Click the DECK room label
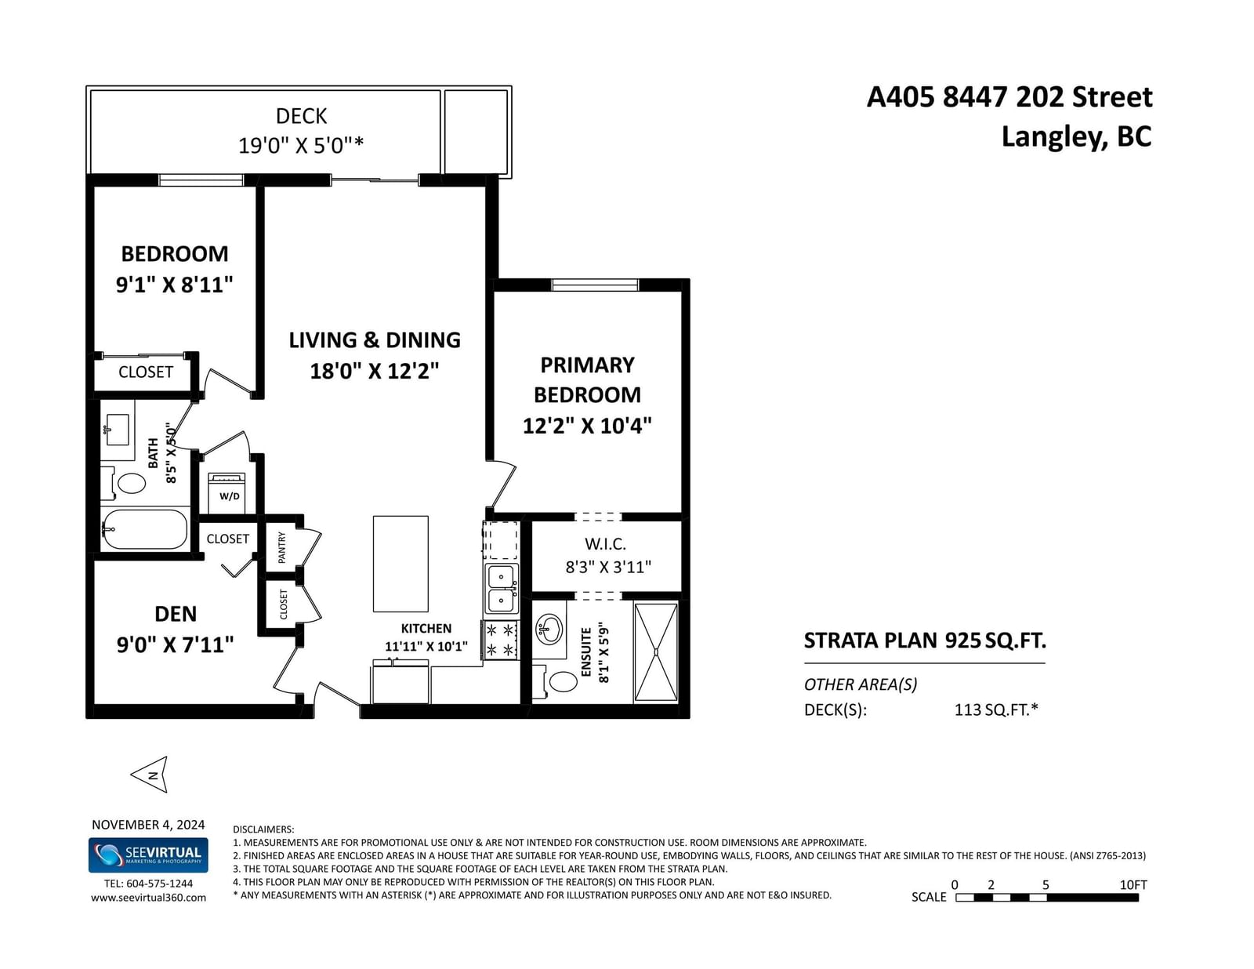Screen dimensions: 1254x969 click(301, 116)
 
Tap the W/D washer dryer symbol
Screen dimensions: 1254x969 click(227, 492)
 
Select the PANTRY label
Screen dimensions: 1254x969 click(281, 547)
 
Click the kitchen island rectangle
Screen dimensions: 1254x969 click(400, 564)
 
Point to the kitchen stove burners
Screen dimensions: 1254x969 click(500, 640)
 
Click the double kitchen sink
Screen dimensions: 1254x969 click(502, 589)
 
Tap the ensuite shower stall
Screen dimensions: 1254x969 click(655, 652)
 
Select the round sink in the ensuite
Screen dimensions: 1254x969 click(549, 630)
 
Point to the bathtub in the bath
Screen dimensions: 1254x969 click(145, 529)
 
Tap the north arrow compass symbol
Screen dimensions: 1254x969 click(150, 775)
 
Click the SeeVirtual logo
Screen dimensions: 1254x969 click(148, 855)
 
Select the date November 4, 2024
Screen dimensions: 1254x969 click(148, 825)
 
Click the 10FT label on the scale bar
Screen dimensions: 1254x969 click(1133, 885)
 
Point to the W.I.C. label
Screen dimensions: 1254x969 click(605, 543)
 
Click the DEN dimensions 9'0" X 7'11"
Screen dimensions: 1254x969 click(176, 644)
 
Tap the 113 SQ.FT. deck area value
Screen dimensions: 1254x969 click(996, 710)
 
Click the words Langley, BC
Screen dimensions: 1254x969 click(1076, 136)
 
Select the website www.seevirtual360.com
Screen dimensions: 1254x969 click(148, 898)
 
